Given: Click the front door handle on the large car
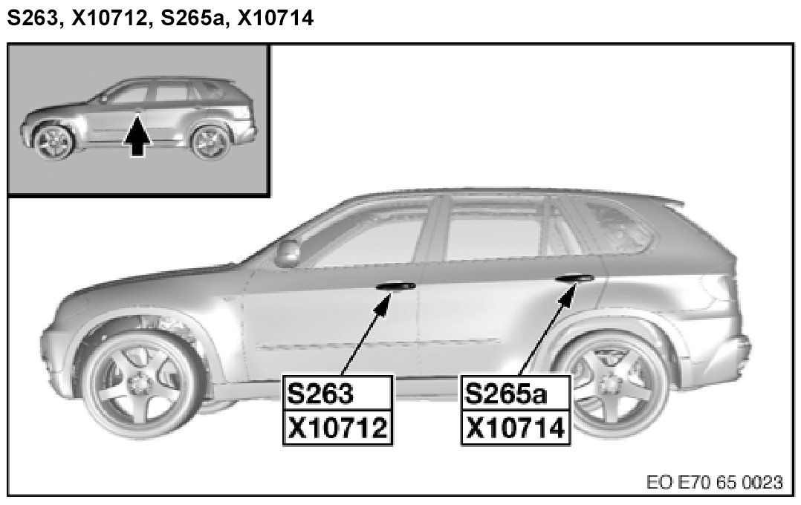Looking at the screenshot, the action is click(395, 286).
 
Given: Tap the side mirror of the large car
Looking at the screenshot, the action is click(287, 252).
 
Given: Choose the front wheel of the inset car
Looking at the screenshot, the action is click(54, 141).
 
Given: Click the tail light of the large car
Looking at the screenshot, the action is click(716, 293).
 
